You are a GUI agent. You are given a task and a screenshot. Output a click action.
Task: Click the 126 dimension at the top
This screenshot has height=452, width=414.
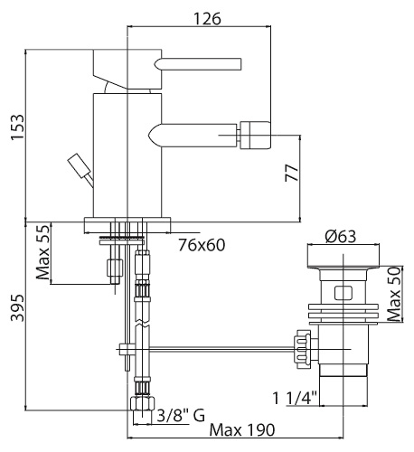pos(207,19)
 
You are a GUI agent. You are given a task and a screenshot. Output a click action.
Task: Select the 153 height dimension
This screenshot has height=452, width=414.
pos(17,127)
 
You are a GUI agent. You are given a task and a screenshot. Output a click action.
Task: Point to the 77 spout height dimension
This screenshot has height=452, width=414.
pos(292,173)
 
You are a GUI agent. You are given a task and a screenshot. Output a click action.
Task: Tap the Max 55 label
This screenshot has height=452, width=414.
pos(42,252)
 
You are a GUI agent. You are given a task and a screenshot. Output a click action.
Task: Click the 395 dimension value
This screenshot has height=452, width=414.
pos(17,308)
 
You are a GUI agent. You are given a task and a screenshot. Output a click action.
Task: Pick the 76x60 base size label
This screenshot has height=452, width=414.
pos(202,245)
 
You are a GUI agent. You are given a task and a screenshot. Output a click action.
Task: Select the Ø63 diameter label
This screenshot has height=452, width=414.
pos(341,237)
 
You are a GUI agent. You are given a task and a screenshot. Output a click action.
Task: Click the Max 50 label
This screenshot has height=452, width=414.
pos(394,294)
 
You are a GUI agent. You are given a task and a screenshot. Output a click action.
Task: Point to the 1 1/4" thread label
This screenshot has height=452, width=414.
pos(295,398)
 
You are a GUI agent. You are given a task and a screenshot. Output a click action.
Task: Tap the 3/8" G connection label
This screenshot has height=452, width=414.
pos(181,416)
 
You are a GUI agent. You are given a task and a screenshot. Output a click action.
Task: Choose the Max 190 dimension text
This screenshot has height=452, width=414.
pos(242,430)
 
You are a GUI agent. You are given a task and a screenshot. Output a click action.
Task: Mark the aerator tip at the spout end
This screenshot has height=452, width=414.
pos(255,135)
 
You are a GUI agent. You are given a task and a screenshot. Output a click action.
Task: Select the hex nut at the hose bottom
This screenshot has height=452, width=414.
pos(143,403)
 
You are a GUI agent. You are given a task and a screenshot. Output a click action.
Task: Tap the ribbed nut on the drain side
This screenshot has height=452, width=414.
pos(302,349)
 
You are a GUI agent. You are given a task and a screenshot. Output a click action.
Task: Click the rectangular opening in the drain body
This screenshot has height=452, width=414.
pos(343,293)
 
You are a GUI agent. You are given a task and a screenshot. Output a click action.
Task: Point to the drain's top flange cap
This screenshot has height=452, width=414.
pos(343,256)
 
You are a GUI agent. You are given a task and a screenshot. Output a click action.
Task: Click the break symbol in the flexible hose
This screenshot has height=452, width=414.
pos(142,324)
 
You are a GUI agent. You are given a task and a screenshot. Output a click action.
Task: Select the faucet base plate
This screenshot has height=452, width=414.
pos(127,225)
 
